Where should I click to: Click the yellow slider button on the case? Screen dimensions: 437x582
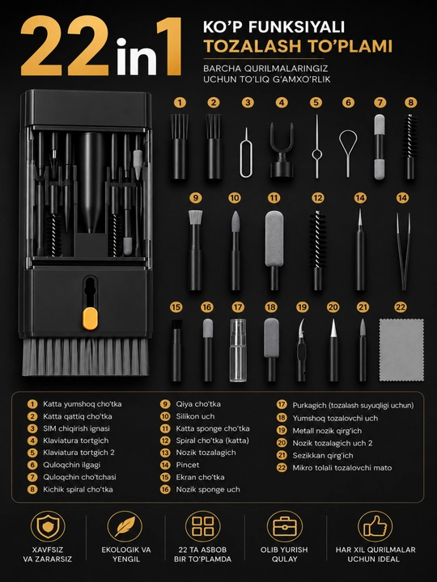pyautogui.click(x=91, y=318)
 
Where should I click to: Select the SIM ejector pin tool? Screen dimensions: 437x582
pyautogui.click(x=246, y=153)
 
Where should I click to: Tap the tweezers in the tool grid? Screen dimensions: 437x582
pyautogui.click(x=404, y=251)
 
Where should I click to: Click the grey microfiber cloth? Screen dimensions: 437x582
pyautogui.click(x=401, y=350)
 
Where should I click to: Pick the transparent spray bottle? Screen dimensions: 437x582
pyautogui.click(x=238, y=350)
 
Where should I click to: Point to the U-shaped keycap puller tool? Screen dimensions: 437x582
pyautogui.click(x=282, y=150)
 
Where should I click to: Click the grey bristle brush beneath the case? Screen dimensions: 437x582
pyautogui.click(x=86, y=356)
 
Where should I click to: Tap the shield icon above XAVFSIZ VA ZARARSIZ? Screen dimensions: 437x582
pyautogui.click(x=48, y=526)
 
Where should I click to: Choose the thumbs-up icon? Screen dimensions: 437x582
pyautogui.click(x=375, y=526)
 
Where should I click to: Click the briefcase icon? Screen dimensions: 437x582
pyautogui.click(x=285, y=526)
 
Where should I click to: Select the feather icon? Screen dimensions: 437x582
pyautogui.click(x=125, y=526)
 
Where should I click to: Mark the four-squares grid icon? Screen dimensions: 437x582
pyautogui.click(x=203, y=526)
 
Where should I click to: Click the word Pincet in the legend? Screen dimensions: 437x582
pyautogui.click(x=187, y=465)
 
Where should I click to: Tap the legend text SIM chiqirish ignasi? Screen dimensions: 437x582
pyautogui.click(x=76, y=428)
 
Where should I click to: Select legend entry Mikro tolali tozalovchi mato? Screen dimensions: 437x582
pyautogui.click(x=342, y=468)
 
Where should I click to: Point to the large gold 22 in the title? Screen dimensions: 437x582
pyautogui.click(x=66, y=46)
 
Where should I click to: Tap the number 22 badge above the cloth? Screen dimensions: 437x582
pyautogui.click(x=401, y=307)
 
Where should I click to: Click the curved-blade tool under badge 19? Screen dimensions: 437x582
pyautogui.click(x=301, y=350)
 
